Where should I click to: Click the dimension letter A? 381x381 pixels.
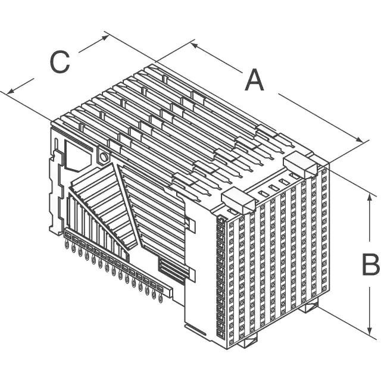coord(254,80)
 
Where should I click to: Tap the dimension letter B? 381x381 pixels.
coord(370,264)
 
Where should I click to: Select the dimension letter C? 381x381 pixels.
coord(60,62)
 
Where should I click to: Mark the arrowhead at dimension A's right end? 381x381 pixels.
coord(360,140)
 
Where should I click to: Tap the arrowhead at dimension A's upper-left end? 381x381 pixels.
coord(195,45)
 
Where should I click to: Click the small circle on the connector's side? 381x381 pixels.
coord(104,157)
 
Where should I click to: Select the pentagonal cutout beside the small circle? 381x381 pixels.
coord(78,156)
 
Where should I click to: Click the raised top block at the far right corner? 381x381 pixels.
coord(300,164)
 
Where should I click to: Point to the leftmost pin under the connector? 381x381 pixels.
coord(67,245)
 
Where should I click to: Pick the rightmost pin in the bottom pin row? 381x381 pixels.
coord(160,298)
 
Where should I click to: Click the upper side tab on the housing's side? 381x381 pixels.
coord(190,223)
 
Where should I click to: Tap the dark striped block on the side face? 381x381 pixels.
coord(171,270)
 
